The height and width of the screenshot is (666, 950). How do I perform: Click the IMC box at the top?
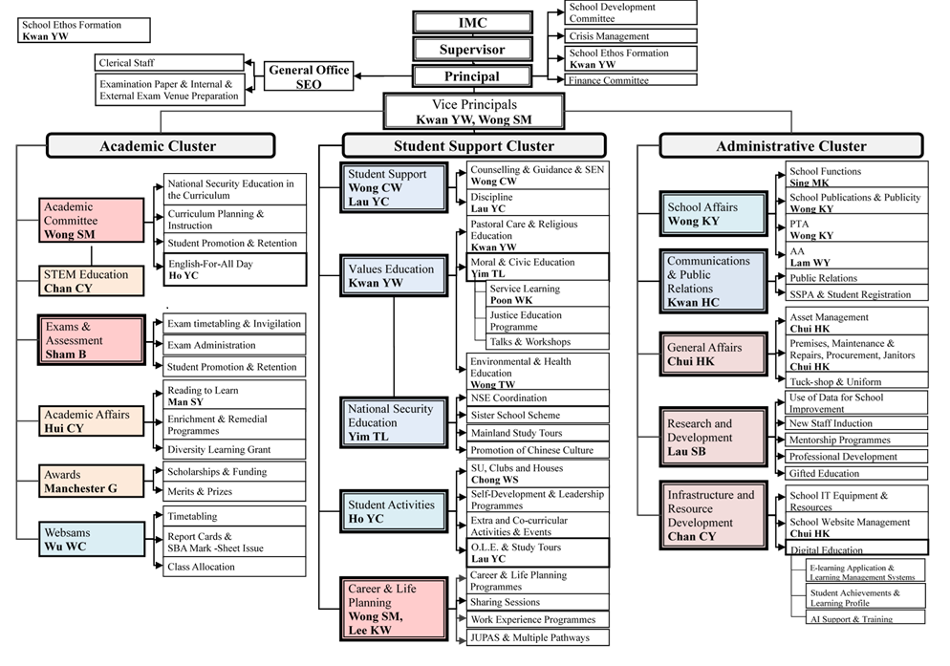pyautogui.click(x=471, y=22)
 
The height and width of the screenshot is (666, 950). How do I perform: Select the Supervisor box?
pyautogui.click(x=471, y=49)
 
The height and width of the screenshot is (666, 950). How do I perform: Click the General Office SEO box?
pyautogui.click(x=308, y=77)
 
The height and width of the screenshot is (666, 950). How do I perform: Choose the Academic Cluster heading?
pyautogui.click(x=159, y=146)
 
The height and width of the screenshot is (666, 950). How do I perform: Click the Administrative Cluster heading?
pyautogui.click(x=791, y=146)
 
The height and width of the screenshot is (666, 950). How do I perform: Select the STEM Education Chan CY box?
pyautogui.click(x=92, y=282)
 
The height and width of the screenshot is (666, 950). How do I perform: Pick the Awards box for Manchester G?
pyautogui.click(x=92, y=482)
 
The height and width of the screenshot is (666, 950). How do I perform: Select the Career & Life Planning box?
pyautogui.click(x=393, y=610)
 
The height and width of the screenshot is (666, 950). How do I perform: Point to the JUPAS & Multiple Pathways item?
pyautogui.click(x=537, y=638)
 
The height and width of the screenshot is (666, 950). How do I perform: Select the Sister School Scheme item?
pyautogui.click(x=537, y=416)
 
